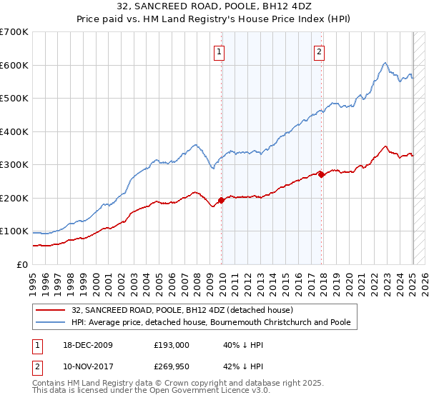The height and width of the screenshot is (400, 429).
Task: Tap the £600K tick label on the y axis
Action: [x=14, y=65]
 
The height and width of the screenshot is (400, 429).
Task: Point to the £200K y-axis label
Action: [x=14, y=198]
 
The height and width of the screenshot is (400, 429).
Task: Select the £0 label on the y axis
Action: [x=23, y=264]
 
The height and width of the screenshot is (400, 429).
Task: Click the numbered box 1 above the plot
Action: [x=218, y=51]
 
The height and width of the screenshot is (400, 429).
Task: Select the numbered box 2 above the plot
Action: [x=319, y=51]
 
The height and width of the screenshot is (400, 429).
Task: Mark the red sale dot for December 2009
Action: [x=221, y=200]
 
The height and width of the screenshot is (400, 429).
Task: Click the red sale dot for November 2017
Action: [x=321, y=174]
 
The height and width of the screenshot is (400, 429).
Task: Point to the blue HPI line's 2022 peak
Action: [x=385, y=63]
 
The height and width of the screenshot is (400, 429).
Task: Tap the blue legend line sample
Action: [x=51, y=322]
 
